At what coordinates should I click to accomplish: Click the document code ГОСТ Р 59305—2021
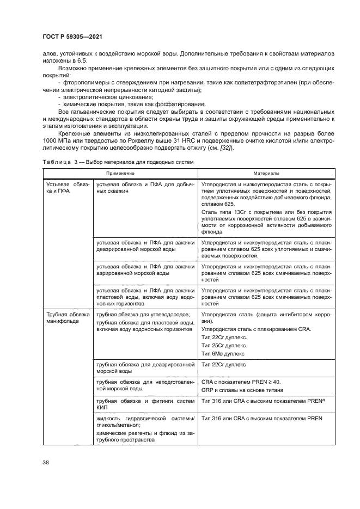coord(72,37)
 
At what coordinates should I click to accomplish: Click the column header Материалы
coord(266,173)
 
